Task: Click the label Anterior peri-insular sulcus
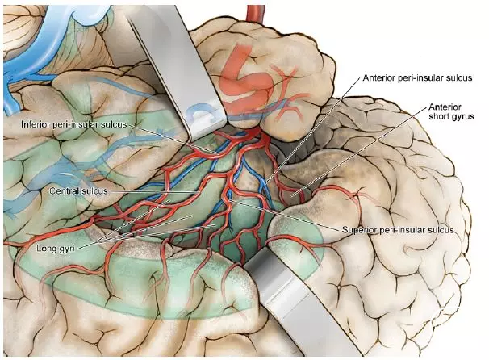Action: (x=417, y=77)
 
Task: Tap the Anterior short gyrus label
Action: (x=451, y=111)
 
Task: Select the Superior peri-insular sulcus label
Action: (x=398, y=230)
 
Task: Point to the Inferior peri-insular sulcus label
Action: (x=74, y=124)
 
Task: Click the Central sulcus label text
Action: (x=78, y=191)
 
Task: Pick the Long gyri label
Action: (x=55, y=249)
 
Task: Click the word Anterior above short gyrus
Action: (x=445, y=107)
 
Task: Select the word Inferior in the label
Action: (x=35, y=124)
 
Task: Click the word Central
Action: (x=64, y=191)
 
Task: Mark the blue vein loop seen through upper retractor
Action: (x=202, y=114)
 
